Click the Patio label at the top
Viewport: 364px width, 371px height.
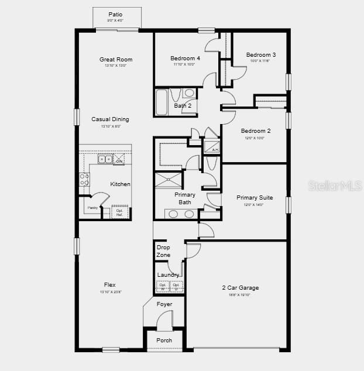click(116, 15)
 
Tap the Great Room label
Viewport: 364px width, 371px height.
click(116, 59)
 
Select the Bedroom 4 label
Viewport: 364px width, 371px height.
click(185, 58)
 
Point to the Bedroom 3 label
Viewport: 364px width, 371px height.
click(260, 54)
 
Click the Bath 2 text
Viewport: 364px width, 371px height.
click(183, 105)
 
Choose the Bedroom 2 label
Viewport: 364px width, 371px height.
click(256, 131)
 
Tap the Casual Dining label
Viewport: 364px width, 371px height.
click(110, 119)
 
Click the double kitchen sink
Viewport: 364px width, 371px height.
click(105, 159)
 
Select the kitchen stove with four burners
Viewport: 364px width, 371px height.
click(85, 179)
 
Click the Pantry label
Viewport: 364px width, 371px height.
click(92, 208)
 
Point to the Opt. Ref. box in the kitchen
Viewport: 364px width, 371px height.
click(119, 212)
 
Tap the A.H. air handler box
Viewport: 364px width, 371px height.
click(211, 147)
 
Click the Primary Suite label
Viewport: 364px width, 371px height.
click(254, 198)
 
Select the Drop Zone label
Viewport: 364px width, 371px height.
click(163, 251)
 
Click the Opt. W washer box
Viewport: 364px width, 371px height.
click(163, 287)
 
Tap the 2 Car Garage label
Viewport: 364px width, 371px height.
click(240, 288)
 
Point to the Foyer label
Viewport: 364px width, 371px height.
click(164, 304)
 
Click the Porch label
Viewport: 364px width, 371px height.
click(164, 340)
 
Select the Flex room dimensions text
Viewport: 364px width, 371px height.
click(110, 291)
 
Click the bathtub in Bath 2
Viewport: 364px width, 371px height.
click(162, 102)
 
